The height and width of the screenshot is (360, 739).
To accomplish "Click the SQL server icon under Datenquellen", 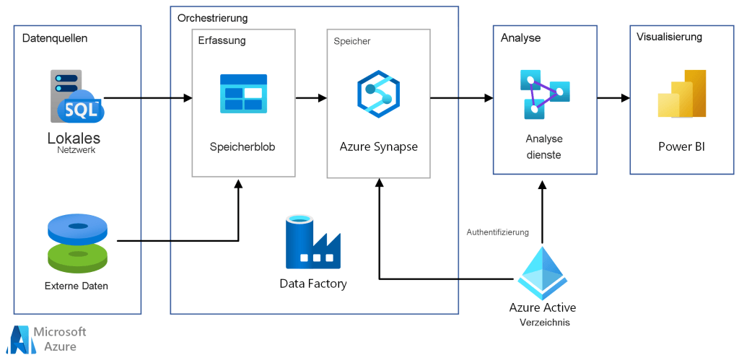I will [x=76, y=98].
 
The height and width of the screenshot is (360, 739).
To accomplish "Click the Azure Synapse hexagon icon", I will [x=378, y=95].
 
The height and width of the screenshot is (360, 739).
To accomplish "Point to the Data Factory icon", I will [x=312, y=242].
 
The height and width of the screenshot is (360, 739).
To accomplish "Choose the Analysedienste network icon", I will [x=545, y=94].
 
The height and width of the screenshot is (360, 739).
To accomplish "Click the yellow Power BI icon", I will [x=681, y=95].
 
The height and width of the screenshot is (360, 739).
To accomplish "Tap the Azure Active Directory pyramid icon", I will [x=543, y=273].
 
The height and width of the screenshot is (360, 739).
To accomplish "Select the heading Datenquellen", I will [x=55, y=38].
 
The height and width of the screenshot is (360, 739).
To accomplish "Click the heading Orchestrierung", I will [x=212, y=18].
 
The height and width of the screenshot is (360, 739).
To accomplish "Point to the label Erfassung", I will [x=222, y=40].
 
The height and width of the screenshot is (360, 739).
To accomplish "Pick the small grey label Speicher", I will [x=351, y=41].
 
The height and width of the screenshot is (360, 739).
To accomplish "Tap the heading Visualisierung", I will [x=669, y=37].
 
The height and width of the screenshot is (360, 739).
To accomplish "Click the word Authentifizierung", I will [x=498, y=232].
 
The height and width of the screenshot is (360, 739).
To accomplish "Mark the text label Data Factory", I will [x=312, y=284].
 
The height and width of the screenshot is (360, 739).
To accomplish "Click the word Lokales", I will [x=74, y=138].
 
